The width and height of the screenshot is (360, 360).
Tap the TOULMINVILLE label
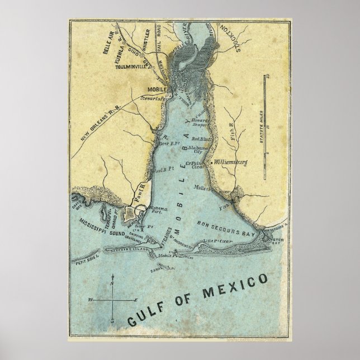tap(134, 68)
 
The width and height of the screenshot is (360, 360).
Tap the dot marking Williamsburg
tap(214, 163)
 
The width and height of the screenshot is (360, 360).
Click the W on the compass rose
tap(91, 301)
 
